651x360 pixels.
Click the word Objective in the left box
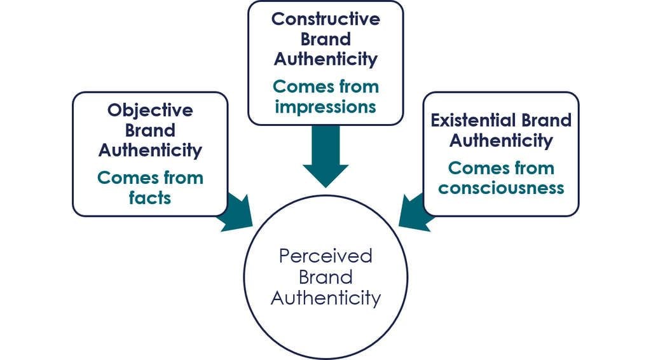tap(150, 110)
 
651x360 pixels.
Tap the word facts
tap(150, 197)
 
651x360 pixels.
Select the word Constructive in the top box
tap(325, 18)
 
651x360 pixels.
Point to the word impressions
tap(325, 106)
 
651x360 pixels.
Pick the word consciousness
tap(501, 188)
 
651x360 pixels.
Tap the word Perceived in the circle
tap(325, 256)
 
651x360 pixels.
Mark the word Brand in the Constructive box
tap(325, 39)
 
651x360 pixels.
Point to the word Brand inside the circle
tap(325, 277)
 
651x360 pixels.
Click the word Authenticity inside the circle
tap(325, 298)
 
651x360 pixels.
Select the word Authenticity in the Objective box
tap(150, 150)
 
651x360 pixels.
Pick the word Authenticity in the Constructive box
tap(325, 59)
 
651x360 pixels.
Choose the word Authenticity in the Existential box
tap(501, 140)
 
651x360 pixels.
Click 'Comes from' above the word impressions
tap(325, 87)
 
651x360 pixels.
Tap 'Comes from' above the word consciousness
tap(501, 168)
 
